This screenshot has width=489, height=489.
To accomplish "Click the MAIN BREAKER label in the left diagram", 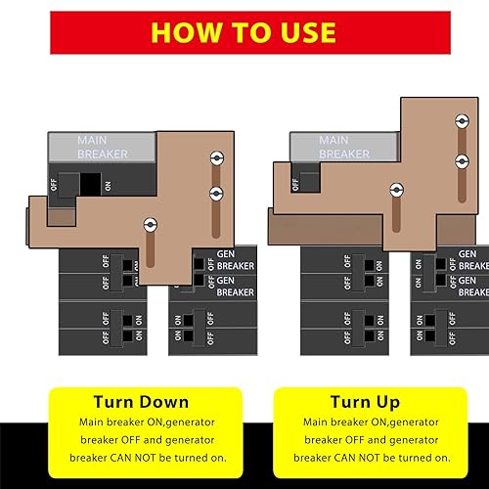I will click(x=103, y=148).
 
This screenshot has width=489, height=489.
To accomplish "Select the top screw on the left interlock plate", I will click(x=216, y=157).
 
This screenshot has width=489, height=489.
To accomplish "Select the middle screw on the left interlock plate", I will click(x=216, y=193).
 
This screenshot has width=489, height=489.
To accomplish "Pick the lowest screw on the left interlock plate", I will click(x=149, y=226).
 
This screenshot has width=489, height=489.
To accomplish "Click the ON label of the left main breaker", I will click(x=108, y=184).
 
